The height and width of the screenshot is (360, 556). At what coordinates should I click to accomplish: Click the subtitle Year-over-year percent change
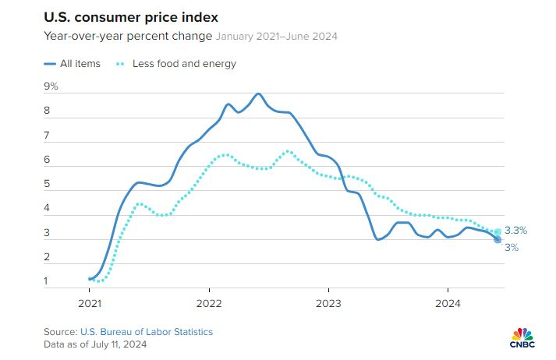[x=127, y=36]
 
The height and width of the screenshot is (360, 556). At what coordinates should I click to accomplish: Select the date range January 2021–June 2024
[x=277, y=36]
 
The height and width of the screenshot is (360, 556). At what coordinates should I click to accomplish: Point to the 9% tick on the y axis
[x=51, y=86]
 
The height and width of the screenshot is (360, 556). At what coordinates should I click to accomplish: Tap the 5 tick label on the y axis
[x=47, y=184]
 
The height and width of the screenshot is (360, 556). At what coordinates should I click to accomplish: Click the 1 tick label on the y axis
[x=47, y=281]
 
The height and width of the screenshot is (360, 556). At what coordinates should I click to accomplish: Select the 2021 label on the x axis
[x=90, y=302]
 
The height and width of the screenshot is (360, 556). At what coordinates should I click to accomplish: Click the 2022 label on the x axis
[x=209, y=302]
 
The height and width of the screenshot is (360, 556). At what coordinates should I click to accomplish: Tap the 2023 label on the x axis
[x=328, y=302]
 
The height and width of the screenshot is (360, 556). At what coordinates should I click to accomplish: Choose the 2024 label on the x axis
[x=448, y=302]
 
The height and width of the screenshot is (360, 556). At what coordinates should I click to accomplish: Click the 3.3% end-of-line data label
[x=516, y=231]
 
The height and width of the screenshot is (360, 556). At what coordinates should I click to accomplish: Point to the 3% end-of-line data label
[x=512, y=247]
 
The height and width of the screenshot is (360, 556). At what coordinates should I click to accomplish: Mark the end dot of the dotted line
[x=498, y=231]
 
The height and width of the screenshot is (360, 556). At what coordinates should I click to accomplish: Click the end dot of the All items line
[x=498, y=239]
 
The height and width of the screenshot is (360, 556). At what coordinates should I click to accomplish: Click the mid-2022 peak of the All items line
[x=258, y=94]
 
